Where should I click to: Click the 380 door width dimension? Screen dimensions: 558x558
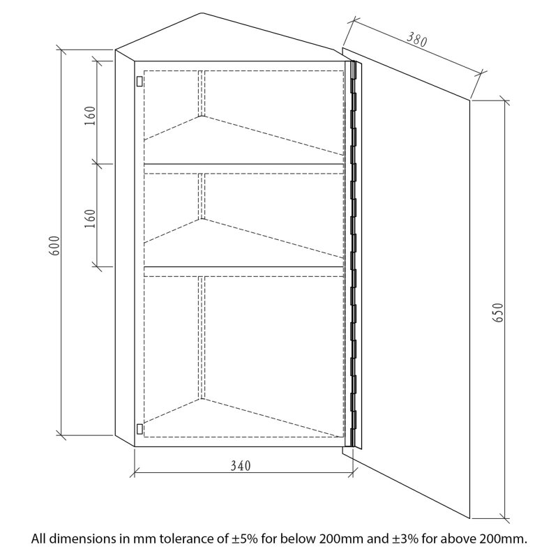pos(416,40)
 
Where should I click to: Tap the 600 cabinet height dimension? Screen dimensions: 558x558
pos(54,246)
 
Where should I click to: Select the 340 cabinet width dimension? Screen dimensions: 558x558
pos(241,465)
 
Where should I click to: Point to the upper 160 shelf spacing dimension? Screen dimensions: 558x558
pos(91,116)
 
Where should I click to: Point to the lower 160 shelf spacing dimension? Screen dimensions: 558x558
pos(91,218)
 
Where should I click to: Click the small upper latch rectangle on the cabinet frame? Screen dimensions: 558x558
pos(139,81)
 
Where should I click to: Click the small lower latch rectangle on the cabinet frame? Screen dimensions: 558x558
pos(139,429)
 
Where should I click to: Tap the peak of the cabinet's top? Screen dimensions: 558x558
pos(202,13)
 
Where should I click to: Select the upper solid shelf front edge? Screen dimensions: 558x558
pos(243,164)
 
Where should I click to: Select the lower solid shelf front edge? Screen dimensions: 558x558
pos(243,266)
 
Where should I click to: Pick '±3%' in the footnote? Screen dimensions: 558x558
pos(405,538)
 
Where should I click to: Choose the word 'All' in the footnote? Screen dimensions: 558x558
pos(39,538)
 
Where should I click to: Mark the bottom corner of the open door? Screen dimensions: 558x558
pos(469,518)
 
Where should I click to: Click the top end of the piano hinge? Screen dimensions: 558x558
pos(354,62)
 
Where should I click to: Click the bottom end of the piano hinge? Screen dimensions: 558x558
pos(354,445)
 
